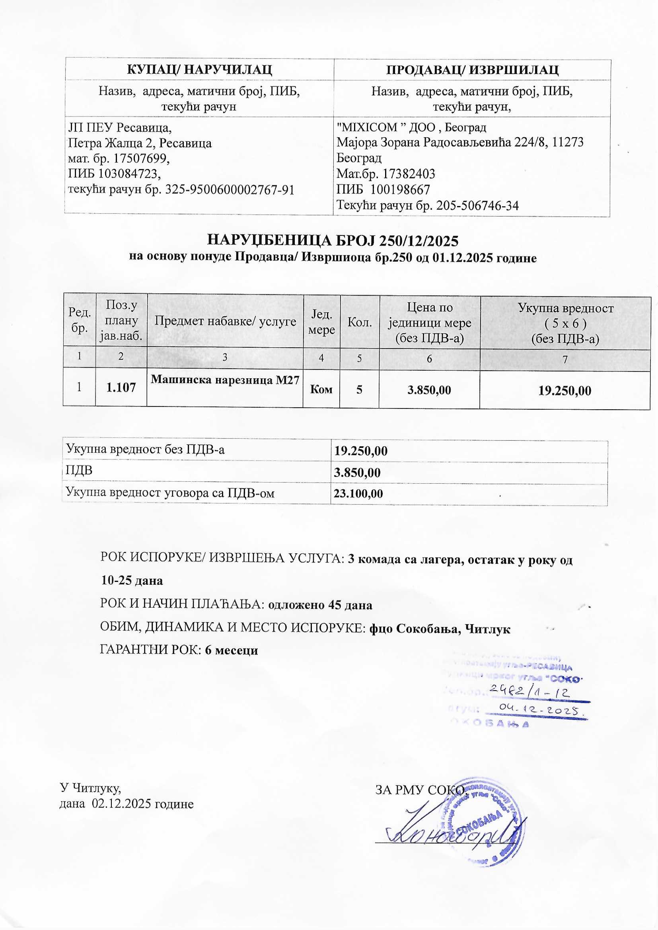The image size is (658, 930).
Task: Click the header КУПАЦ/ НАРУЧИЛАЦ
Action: point(199,70)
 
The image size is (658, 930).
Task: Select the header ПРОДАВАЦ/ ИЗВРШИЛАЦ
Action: point(472,70)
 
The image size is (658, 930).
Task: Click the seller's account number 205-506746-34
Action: point(477,206)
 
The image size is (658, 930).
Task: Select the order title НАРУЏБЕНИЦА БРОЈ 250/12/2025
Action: point(333,241)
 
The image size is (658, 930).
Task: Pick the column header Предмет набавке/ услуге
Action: point(225,322)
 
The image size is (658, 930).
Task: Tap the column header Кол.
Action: point(360,323)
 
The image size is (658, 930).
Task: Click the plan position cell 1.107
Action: point(121,388)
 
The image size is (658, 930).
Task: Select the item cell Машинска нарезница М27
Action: point(225,380)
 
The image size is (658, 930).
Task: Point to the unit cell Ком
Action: point(321,390)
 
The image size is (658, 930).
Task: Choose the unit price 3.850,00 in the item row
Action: point(429,390)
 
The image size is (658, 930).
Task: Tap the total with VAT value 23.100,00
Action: point(358,493)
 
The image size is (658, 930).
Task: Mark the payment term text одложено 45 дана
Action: point(320,605)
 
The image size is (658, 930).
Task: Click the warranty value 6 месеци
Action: point(232,650)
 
